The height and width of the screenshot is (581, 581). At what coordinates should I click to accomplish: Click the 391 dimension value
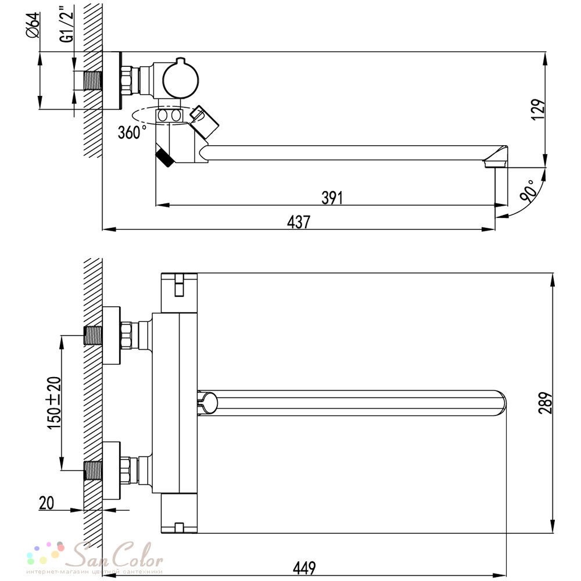click(x=332, y=198)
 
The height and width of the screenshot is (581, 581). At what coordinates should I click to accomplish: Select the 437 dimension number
click(x=299, y=222)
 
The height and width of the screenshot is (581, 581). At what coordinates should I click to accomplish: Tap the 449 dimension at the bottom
click(x=304, y=568)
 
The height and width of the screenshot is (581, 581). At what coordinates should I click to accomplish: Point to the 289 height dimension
click(x=546, y=403)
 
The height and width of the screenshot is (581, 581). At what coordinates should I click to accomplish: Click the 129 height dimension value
click(x=539, y=109)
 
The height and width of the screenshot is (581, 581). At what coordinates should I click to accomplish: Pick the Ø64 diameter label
click(x=33, y=25)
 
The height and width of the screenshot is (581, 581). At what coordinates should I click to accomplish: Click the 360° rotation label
click(x=132, y=132)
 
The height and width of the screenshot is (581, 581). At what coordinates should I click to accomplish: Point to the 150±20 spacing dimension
click(x=54, y=403)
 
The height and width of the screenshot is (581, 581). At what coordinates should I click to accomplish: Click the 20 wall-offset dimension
click(x=46, y=503)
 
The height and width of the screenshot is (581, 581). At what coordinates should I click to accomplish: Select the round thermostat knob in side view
click(x=181, y=80)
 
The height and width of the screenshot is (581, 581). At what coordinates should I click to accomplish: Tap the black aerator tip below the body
click(x=165, y=158)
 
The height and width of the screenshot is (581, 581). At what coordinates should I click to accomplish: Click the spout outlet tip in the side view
click(x=495, y=163)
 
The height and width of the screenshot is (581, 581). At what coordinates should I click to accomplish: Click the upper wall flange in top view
click(x=111, y=335)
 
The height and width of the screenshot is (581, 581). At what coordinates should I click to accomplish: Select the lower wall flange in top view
click(x=111, y=471)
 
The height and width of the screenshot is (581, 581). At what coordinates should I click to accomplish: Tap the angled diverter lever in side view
click(x=204, y=121)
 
